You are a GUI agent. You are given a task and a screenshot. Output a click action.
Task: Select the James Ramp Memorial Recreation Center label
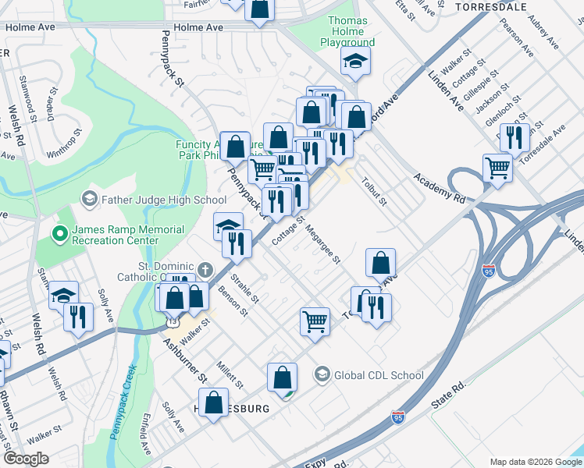point(127,236)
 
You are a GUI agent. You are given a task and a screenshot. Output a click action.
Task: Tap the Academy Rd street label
point(440,188)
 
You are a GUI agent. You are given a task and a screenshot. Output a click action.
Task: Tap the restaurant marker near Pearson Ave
point(515,137)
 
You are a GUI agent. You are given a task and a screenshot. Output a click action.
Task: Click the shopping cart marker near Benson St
point(315,321)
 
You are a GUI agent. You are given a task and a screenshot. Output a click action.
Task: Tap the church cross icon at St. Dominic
point(205,270)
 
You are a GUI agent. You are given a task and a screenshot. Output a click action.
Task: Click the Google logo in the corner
point(27,459)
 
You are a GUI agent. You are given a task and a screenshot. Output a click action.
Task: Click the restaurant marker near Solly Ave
point(78,317)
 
